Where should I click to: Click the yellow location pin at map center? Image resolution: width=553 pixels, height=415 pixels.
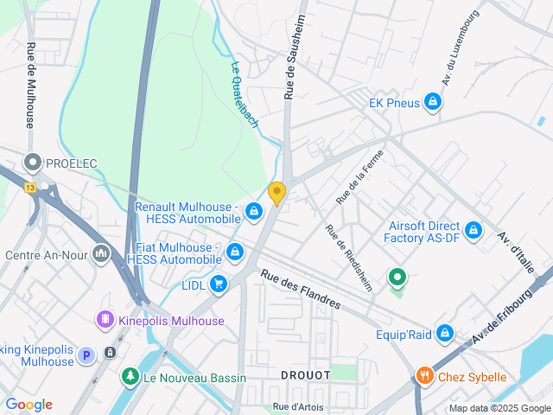(276, 194)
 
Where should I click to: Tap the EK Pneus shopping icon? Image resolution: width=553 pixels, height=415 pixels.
(433, 104)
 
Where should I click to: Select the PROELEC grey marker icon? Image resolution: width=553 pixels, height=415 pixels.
(34, 163)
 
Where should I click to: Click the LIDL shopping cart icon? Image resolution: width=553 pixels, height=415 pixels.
(218, 283)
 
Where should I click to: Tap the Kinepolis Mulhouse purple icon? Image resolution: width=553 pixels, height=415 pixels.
(105, 320)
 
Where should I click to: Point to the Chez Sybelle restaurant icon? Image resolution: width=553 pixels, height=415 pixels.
(423, 376)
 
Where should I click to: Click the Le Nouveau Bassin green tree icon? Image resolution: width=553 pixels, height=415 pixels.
(130, 377)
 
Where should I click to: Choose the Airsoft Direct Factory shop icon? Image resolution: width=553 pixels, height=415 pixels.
(473, 231)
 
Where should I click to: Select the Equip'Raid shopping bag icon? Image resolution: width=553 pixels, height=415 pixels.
(444, 333)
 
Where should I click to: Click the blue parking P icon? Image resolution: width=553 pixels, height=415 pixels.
(86, 354)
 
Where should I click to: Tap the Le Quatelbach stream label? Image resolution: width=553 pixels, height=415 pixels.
(245, 95)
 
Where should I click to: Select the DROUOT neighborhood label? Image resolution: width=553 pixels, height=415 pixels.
(305, 375)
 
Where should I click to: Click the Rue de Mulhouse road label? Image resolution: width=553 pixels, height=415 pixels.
(31, 86)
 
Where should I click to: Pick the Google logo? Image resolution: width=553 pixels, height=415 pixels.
(29, 405)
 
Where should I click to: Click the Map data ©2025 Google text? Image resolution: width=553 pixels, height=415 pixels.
(499, 408)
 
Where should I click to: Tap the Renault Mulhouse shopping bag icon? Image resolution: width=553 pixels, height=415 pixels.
(253, 211)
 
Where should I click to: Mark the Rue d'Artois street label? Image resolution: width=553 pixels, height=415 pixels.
(298, 405)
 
